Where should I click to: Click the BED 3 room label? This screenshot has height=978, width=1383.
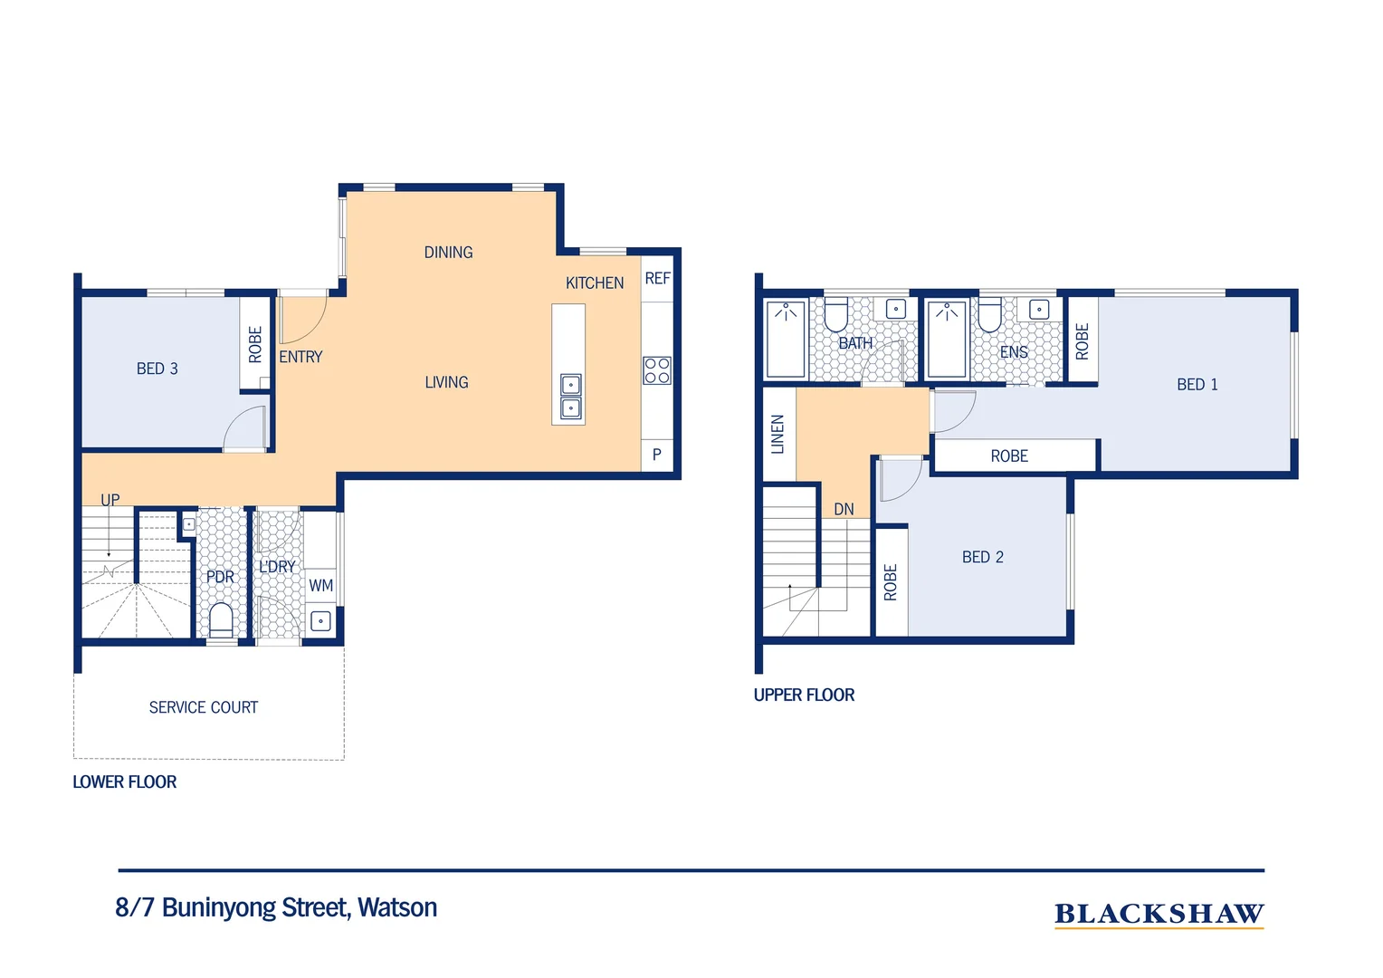click(x=157, y=369)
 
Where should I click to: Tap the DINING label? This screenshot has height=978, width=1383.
click(x=448, y=252)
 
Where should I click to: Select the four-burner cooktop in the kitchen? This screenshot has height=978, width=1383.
click(x=656, y=370)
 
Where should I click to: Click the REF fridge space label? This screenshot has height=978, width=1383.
click(x=657, y=278)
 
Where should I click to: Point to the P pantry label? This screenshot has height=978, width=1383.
click(x=657, y=455)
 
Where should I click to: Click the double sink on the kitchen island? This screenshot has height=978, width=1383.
click(x=570, y=396)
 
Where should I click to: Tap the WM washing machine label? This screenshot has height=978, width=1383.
click(x=320, y=585)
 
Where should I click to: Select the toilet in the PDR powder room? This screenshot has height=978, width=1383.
click(x=221, y=619)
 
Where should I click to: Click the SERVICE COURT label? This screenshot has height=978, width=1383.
click(x=203, y=707)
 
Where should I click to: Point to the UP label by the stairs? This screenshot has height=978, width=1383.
click(x=110, y=499)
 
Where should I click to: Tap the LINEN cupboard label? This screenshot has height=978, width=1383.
click(x=777, y=435)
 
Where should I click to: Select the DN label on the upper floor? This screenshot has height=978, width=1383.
click(x=844, y=509)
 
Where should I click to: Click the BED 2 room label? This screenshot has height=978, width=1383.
click(x=982, y=557)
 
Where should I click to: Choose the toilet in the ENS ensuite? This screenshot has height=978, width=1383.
click(x=989, y=315)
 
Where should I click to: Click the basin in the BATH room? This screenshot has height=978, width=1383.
click(x=895, y=308)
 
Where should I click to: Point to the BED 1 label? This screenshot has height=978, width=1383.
click(x=1197, y=384)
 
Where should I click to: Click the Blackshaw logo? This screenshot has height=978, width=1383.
click(x=1159, y=915)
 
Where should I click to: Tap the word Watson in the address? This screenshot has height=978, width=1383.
click(x=397, y=907)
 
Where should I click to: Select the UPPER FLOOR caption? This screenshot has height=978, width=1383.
click(x=804, y=695)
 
